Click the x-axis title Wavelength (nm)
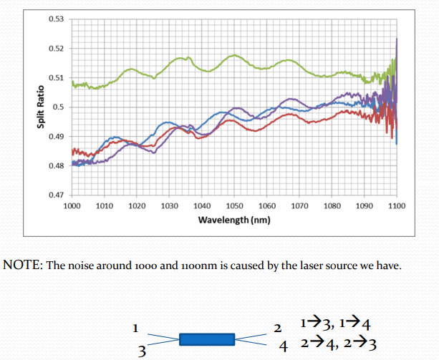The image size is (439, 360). [x=233, y=220]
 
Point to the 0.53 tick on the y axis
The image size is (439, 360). [x=57, y=19]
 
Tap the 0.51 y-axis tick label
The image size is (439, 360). [x=57, y=77]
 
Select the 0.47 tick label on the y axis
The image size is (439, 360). [x=57, y=195]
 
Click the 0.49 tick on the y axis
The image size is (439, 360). [x=57, y=136]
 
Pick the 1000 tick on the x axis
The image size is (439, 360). [x=72, y=205]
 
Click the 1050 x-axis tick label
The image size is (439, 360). [x=233, y=205]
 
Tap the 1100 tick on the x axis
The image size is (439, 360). [x=396, y=205]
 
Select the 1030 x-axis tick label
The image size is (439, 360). [x=169, y=205]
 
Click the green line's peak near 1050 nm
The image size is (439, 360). [x=234, y=55]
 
